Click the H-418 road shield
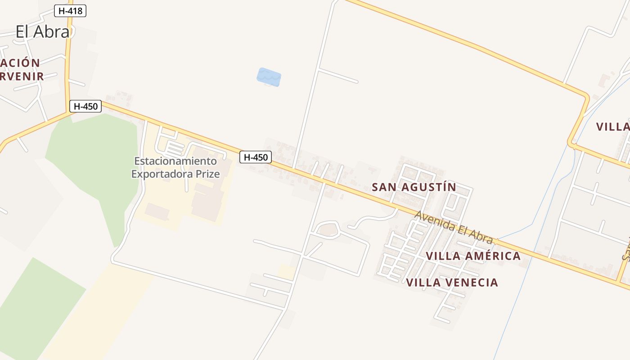click(70, 11)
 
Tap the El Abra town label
click(43, 31)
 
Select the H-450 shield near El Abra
click(85, 107)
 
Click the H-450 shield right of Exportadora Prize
click(256, 157)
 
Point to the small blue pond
click(269, 77)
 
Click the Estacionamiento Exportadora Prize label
click(175, 167)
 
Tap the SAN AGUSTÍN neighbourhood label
click(414, 187)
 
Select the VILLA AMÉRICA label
click(473, 256)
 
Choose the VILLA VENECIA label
click(452, 283)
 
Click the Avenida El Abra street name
click(454, 227)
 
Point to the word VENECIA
click(473, 283)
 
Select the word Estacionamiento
click(175, 161)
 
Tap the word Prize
click(210, 174)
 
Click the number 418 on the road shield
click(75, 11)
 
